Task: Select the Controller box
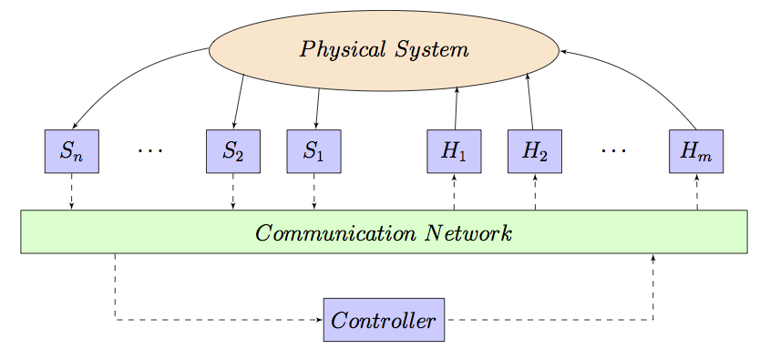pyautogui.click(x=384, y=320)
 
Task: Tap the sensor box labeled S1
pyautogui.click(x=313, y=151)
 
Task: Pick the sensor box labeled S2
pyautogui.click(x=233, y=151)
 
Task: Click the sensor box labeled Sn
pyautogui.click(x=71, y=151)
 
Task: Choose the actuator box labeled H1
pyautogui.click(x=454, y=151)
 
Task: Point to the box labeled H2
pyautogui.click(x=535, y=151)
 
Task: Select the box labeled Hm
pyautogui.click(x=696, y=151)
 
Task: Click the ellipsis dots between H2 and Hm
pyautogui.click(x=614, y=149)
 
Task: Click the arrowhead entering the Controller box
pyautogui.click(x=319, y=320)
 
